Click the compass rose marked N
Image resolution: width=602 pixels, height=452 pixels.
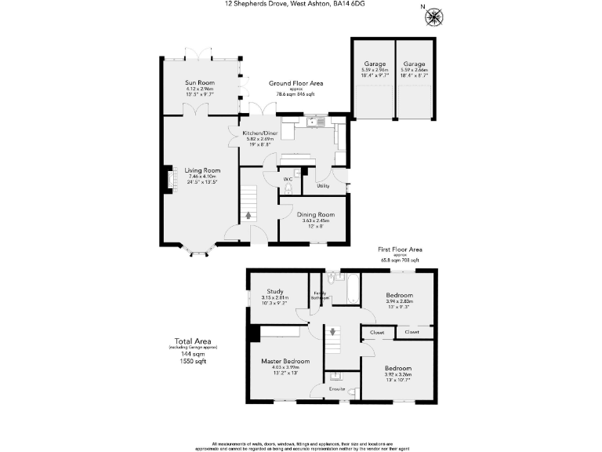(435, 16)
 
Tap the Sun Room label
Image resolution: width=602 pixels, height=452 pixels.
(200, 82)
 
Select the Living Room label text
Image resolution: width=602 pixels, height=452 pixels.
(202, 170)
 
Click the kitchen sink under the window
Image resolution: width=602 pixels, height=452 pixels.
(314, 122)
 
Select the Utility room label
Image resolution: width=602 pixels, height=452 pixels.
(323, 186)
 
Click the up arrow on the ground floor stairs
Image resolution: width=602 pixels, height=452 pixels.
(249, 213)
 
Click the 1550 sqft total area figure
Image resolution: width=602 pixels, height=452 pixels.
(191, 361)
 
